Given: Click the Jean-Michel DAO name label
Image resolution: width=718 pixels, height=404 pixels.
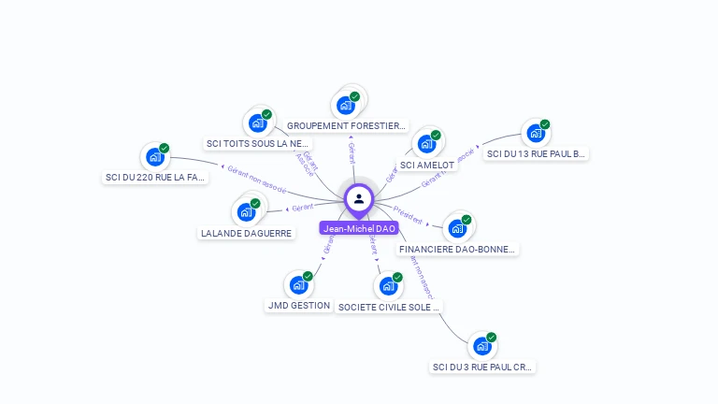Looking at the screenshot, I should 359,228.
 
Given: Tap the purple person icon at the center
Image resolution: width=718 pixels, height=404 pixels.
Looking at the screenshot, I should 359,198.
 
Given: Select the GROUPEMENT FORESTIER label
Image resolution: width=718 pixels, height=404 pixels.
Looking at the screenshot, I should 346,125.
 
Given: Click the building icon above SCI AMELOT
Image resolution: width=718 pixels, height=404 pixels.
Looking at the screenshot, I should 426,144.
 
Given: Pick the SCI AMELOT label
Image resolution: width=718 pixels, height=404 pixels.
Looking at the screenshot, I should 427,166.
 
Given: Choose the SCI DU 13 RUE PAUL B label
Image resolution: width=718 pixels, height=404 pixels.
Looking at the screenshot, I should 536,154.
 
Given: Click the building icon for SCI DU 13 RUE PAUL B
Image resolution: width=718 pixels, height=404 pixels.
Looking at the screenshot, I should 536,133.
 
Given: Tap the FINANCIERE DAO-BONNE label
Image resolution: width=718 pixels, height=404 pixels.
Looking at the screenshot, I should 457,250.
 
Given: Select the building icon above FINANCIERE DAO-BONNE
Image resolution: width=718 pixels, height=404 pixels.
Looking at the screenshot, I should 457,228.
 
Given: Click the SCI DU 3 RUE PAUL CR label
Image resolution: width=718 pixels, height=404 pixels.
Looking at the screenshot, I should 483,368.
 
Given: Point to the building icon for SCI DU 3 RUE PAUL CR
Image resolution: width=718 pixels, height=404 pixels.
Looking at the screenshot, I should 482,346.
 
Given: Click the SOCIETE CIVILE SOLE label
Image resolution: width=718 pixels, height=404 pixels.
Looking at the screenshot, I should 389,307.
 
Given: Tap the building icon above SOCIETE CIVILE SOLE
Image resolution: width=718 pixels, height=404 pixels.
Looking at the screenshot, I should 388,285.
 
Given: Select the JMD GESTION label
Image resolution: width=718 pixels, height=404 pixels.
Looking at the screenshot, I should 298,306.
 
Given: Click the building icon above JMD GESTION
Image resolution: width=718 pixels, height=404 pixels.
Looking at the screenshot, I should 298,284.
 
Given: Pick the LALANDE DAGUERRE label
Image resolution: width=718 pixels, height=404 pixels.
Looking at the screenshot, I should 246,234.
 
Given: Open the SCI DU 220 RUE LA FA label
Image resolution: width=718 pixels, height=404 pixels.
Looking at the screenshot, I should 154,178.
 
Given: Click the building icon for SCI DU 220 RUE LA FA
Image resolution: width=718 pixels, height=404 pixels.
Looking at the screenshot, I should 154,156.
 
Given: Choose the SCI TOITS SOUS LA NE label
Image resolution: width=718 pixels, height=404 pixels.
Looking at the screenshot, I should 257,144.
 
